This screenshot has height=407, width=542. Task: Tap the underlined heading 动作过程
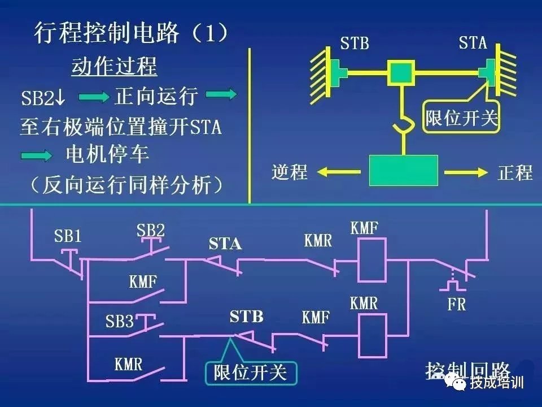[114, 67]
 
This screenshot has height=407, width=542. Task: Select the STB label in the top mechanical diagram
[355, 43]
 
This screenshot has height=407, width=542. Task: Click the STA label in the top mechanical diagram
[473, 42]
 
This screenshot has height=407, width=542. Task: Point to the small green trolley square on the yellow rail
[400, 73]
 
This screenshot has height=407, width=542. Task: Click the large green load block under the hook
[403, 170]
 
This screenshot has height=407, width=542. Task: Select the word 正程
[515, 172]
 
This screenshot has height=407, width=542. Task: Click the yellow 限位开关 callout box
[462, 119]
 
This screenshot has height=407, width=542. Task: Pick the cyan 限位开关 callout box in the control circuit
[250, 373]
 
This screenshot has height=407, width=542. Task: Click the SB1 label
[68, 235]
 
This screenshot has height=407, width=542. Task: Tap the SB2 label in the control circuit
[151, 231]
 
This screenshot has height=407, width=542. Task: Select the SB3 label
[120, 322]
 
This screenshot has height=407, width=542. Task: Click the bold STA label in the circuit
[225, 244]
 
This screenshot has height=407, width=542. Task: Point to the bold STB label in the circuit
[246, 317]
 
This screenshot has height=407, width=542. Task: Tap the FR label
[456, 305]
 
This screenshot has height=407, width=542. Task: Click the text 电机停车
[107, 154]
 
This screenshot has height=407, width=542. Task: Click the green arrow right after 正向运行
[222, 95]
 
